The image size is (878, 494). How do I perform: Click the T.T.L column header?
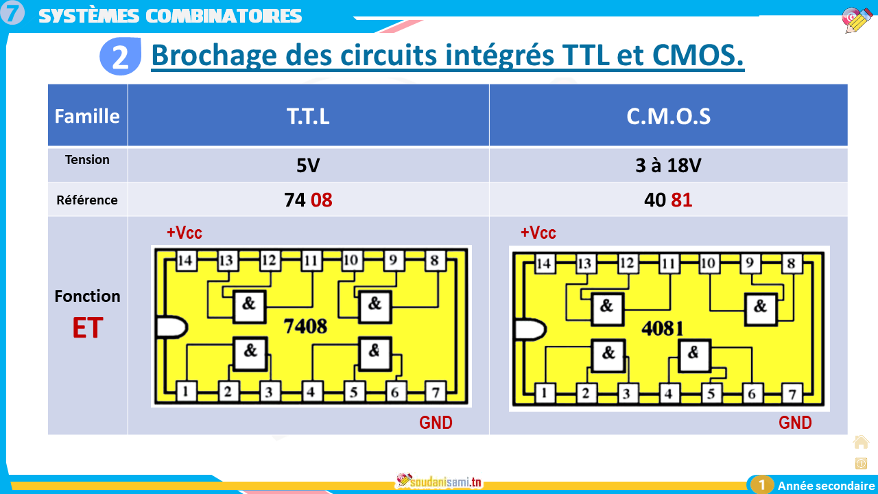tap(308, 116)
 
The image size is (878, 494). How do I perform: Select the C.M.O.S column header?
tap(668, 116)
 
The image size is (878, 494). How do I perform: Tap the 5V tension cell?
tap(308, 166)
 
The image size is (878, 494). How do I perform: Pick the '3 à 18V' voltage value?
tap(668, 166)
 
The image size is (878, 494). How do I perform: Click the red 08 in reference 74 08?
tap(321, 200)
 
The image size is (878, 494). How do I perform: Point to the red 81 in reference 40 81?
tap(681, 200)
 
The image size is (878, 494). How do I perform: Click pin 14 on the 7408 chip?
tap(186, 260)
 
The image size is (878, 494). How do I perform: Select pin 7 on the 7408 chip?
tap(435, 392)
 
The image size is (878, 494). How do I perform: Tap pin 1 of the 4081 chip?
tap(544, 393)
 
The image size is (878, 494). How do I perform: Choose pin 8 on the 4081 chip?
tap(791, 263)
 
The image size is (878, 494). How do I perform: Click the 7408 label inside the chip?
tap(305, 327)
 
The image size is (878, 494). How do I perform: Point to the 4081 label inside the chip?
tap(662, 328)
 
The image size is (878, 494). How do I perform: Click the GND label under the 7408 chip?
tap(436, 423)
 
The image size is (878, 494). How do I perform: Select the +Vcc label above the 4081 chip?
tap(538, 233)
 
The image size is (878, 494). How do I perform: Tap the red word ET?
tap(87, 329)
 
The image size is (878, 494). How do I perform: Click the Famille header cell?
tap(87, 116)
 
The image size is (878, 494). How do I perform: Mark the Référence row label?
tap(87, 200)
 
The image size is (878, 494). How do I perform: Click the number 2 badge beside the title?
tap(120, 57)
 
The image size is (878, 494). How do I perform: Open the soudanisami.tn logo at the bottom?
tap(440, 482)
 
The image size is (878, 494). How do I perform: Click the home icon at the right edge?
tap(861, 442)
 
